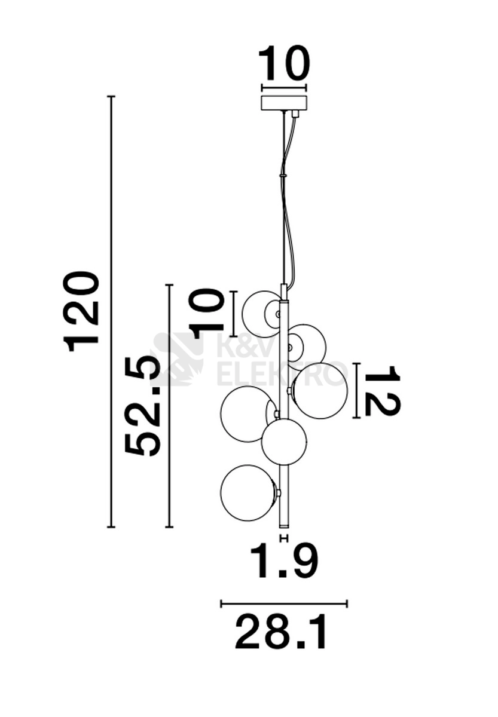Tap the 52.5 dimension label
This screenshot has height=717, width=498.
coord(142,406)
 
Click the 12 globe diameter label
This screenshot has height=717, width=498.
coord(383,391)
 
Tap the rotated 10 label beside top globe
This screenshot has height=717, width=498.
coord(206,314)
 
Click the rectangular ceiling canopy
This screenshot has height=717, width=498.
coord(284,103)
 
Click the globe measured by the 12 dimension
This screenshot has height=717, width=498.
coord(320,391)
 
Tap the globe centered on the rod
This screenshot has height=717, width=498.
coord(283,442)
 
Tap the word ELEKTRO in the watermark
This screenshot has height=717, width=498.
coord(283,373)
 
